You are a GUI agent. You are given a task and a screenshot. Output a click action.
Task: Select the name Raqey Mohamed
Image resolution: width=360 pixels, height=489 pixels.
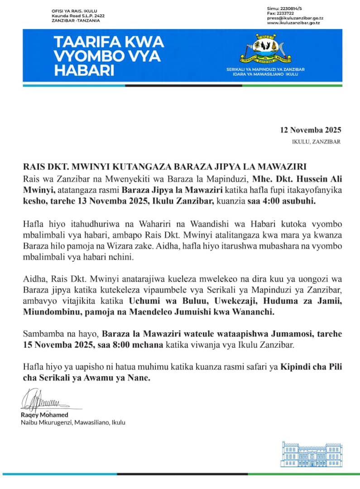coord(44,415)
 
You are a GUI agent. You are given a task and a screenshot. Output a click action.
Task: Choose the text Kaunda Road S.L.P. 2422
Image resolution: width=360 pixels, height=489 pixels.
coord(78,16)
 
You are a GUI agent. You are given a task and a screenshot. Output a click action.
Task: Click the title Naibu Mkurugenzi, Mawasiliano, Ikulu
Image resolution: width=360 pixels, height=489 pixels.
coord(73,422)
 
